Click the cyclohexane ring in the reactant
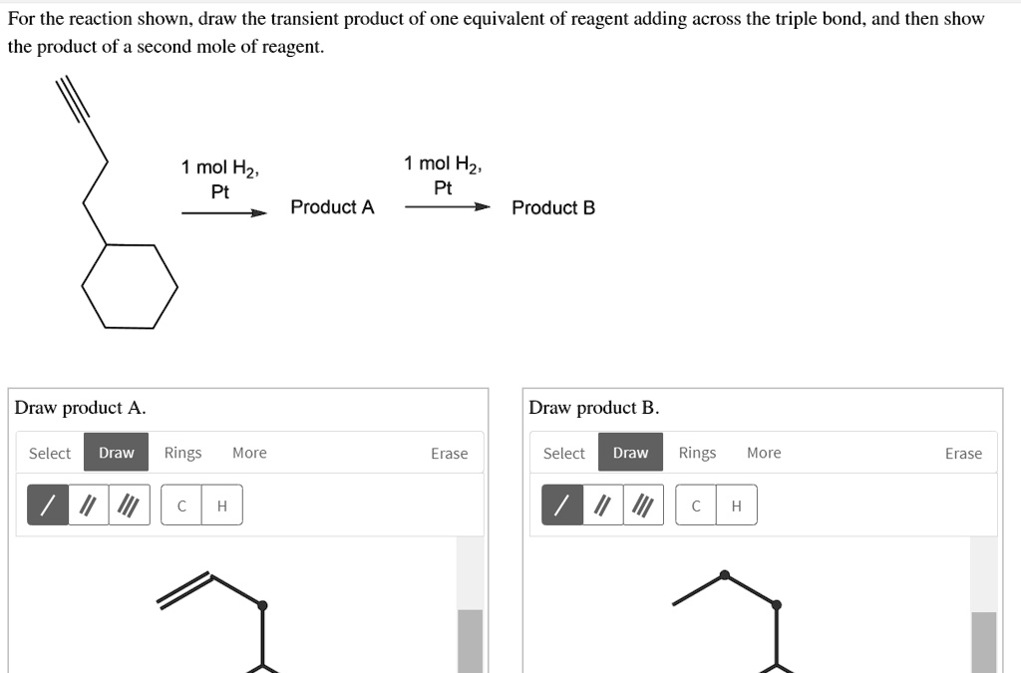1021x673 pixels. (130, 285)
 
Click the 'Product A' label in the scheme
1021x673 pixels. (332, 207)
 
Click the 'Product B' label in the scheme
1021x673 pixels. (553, 207)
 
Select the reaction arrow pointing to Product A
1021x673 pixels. (224, 212)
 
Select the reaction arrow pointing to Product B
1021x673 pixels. (448, 207)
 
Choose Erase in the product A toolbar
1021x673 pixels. (449, 454)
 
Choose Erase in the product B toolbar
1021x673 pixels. (963, 454)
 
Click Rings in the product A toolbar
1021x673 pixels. (182, 454)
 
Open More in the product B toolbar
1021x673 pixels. (764, 454)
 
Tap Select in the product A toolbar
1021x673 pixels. (50, 454)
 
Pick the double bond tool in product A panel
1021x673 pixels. (88, 505)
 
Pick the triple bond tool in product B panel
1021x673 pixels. (643, 505)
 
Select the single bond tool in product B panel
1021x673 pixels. (561, 505)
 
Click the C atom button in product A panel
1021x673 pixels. (181, 505)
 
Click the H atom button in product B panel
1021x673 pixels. (736, 505)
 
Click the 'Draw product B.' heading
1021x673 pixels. (593, 408)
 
